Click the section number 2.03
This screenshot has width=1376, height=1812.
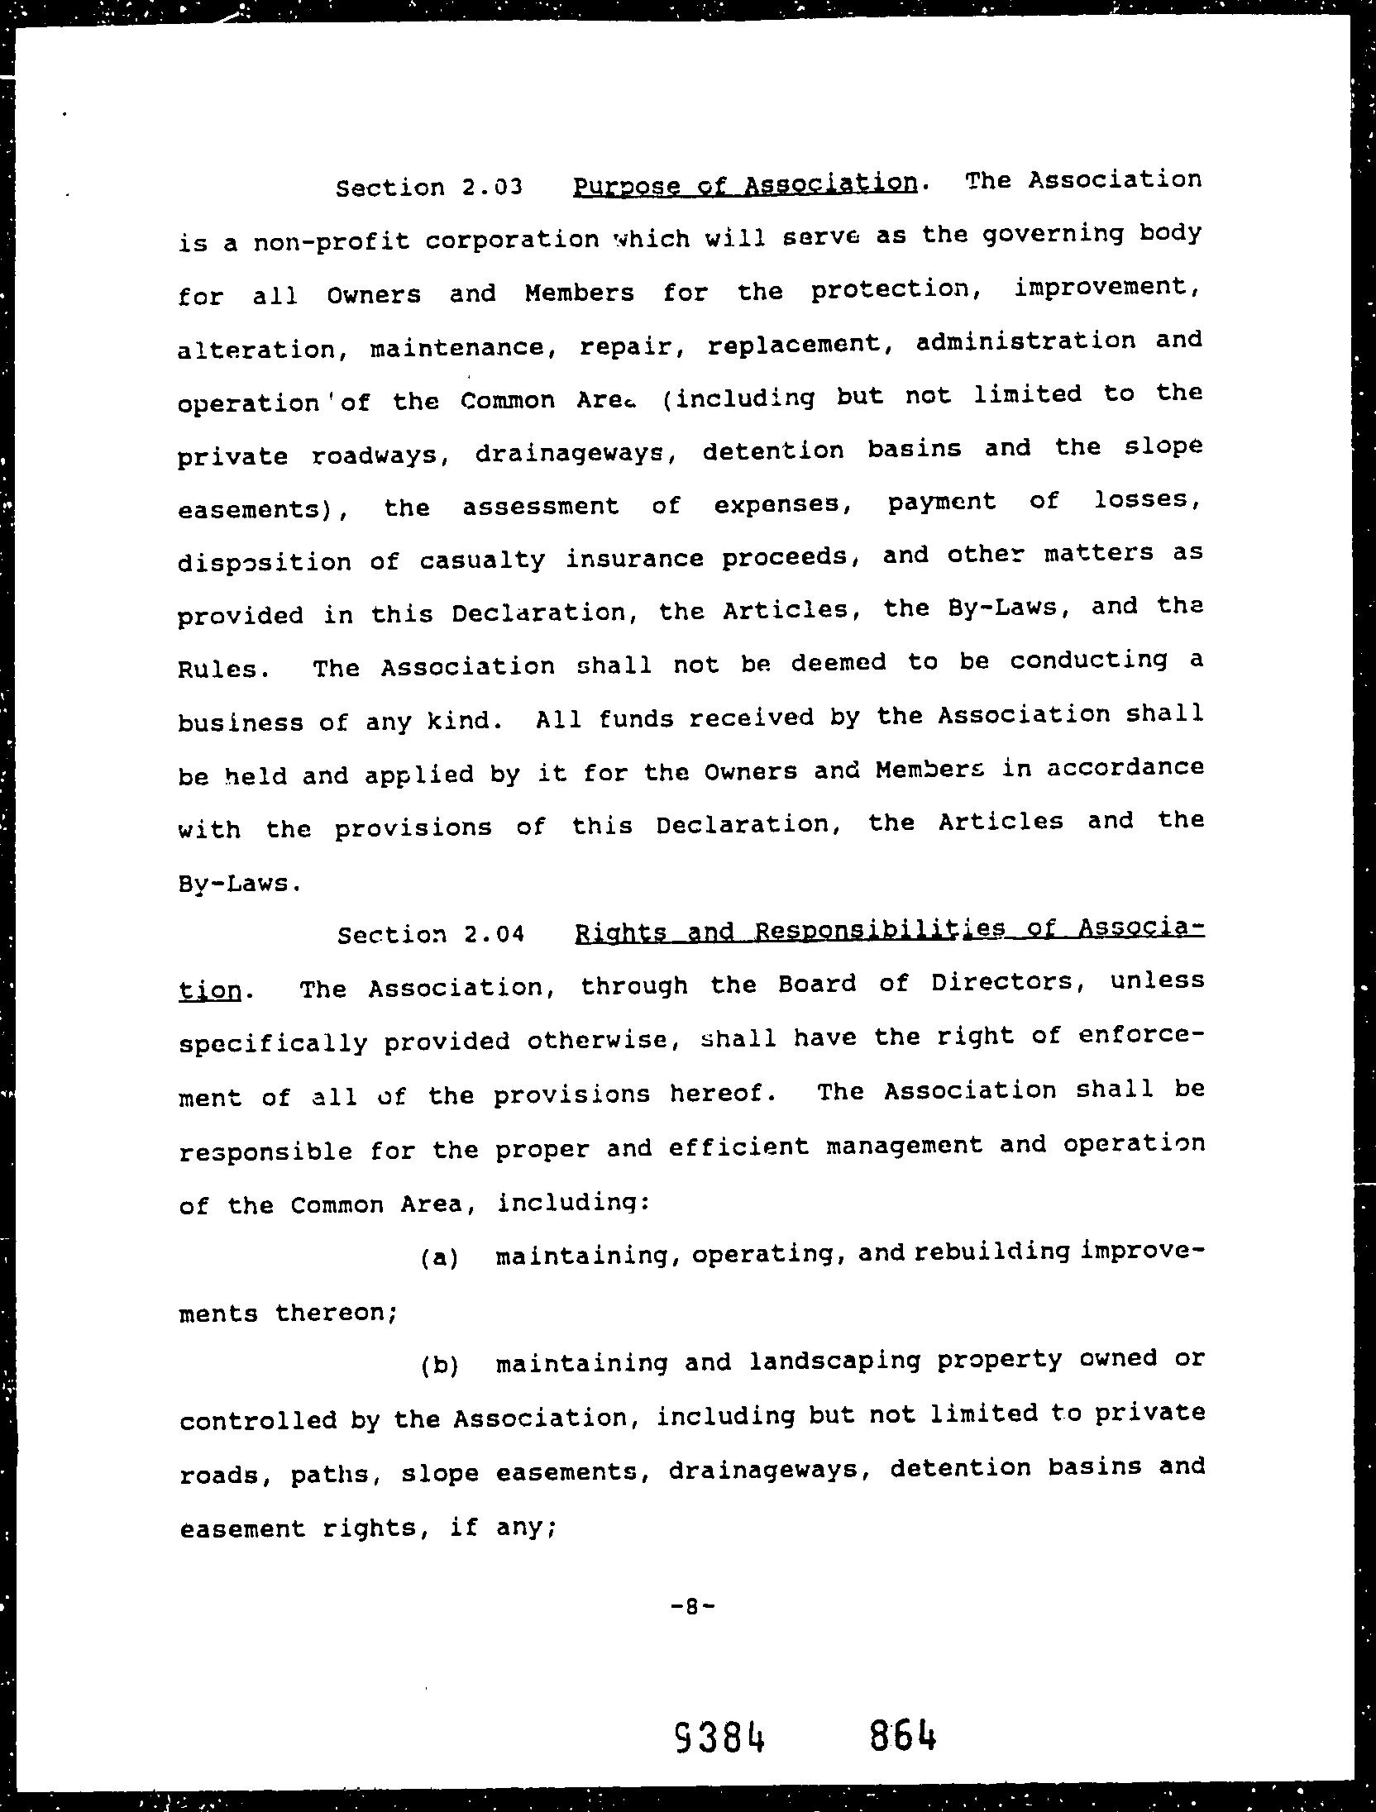[492, 188]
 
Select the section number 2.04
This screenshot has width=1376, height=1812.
[494, 935]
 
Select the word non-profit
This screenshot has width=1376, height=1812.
[331, 241]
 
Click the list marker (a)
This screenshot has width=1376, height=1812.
[439, 1258]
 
